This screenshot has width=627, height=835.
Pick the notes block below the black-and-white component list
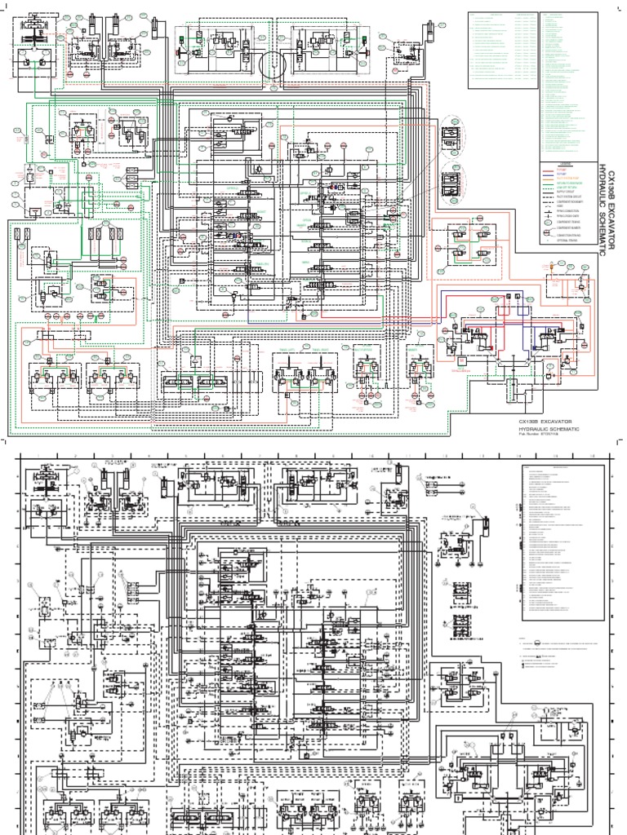[x=563, y=648]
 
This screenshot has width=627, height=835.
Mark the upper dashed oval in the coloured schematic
[x=450, y=140]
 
